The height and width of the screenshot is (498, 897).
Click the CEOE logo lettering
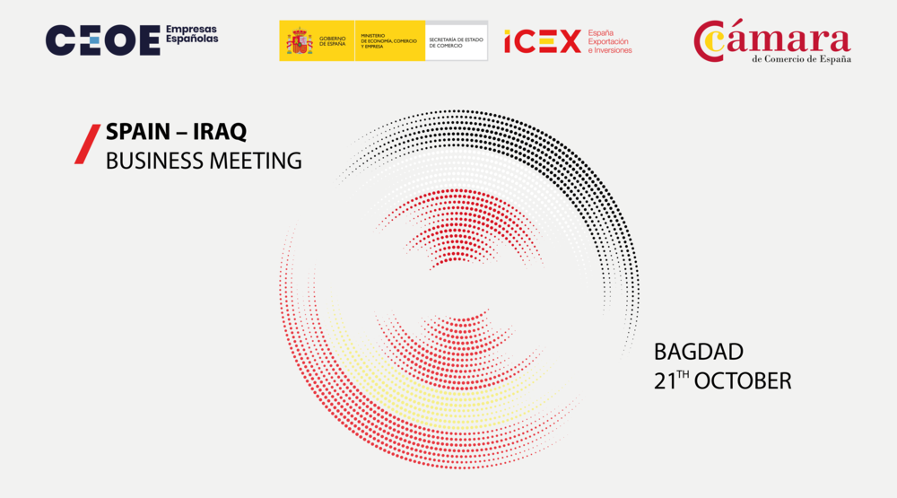103,40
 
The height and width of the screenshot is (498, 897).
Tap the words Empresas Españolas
192,34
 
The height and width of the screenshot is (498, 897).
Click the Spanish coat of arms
300,41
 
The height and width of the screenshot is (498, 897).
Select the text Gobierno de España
333,41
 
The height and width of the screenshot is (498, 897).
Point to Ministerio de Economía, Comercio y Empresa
388,41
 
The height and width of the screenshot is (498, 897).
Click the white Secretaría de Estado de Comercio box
457,41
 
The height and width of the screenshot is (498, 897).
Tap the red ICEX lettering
543,42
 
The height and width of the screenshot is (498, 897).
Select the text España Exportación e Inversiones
610,42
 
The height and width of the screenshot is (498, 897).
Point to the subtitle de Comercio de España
801,59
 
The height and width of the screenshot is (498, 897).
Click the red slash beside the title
88,144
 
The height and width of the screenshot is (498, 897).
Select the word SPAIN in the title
138,132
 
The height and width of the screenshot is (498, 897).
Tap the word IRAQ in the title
220,132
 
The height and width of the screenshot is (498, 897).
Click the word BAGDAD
699,352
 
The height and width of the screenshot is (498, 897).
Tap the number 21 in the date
665,382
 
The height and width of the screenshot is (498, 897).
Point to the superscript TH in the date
683,374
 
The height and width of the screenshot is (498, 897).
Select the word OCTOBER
743,382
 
